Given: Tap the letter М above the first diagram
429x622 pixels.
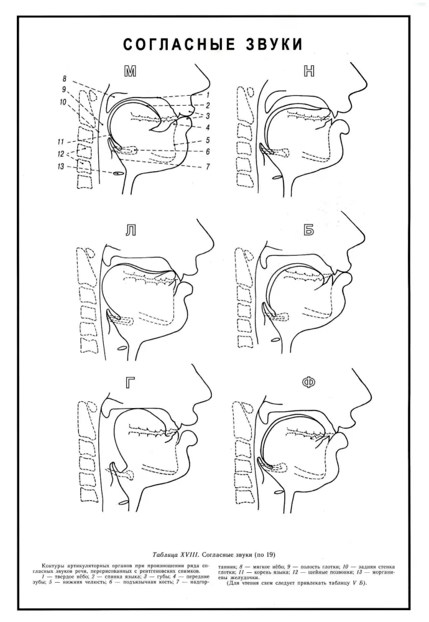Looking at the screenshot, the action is [x=130, y=71].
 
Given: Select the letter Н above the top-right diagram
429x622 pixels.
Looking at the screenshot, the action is [x=309, y=72].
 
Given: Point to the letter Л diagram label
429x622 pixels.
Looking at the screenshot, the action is [x=131, y=231].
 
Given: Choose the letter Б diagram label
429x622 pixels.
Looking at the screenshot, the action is [x=309, y=230].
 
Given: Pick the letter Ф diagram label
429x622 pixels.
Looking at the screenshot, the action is [x=309, y=383].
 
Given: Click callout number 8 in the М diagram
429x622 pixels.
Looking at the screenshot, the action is [x=65, y=78].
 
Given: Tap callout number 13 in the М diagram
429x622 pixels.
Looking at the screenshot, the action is [x=61, y=167].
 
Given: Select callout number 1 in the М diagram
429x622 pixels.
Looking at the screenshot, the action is [x=208, y=95].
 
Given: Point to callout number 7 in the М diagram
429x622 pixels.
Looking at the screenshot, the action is [x=208, y=167].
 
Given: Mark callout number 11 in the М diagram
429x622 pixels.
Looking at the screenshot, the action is [x=60, y=141].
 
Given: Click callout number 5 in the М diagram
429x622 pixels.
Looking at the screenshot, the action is [x=208, y=140].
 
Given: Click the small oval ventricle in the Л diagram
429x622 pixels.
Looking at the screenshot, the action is [x=122, y=348].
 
